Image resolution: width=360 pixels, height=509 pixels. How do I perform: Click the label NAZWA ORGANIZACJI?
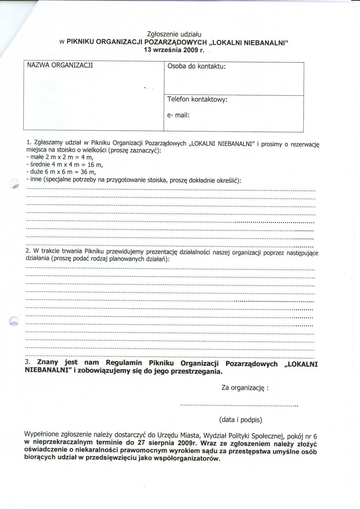click(60, 65)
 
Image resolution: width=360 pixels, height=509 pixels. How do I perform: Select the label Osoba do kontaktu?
click(196, 66)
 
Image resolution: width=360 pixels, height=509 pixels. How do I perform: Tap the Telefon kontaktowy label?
click(197, 99)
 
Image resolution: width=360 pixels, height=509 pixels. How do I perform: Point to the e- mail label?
click(178, 115)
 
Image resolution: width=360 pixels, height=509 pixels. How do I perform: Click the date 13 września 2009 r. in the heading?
click(174, 50)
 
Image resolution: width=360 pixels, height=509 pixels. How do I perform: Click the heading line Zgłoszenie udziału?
click(174, 34)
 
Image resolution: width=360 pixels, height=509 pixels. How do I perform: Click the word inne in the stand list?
click(36, 179)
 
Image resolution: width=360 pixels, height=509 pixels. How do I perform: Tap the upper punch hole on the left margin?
click(14, 184)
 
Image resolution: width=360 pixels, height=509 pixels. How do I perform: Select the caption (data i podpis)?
click(240, 420)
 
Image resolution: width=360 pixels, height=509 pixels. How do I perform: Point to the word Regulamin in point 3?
click(124, 363)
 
